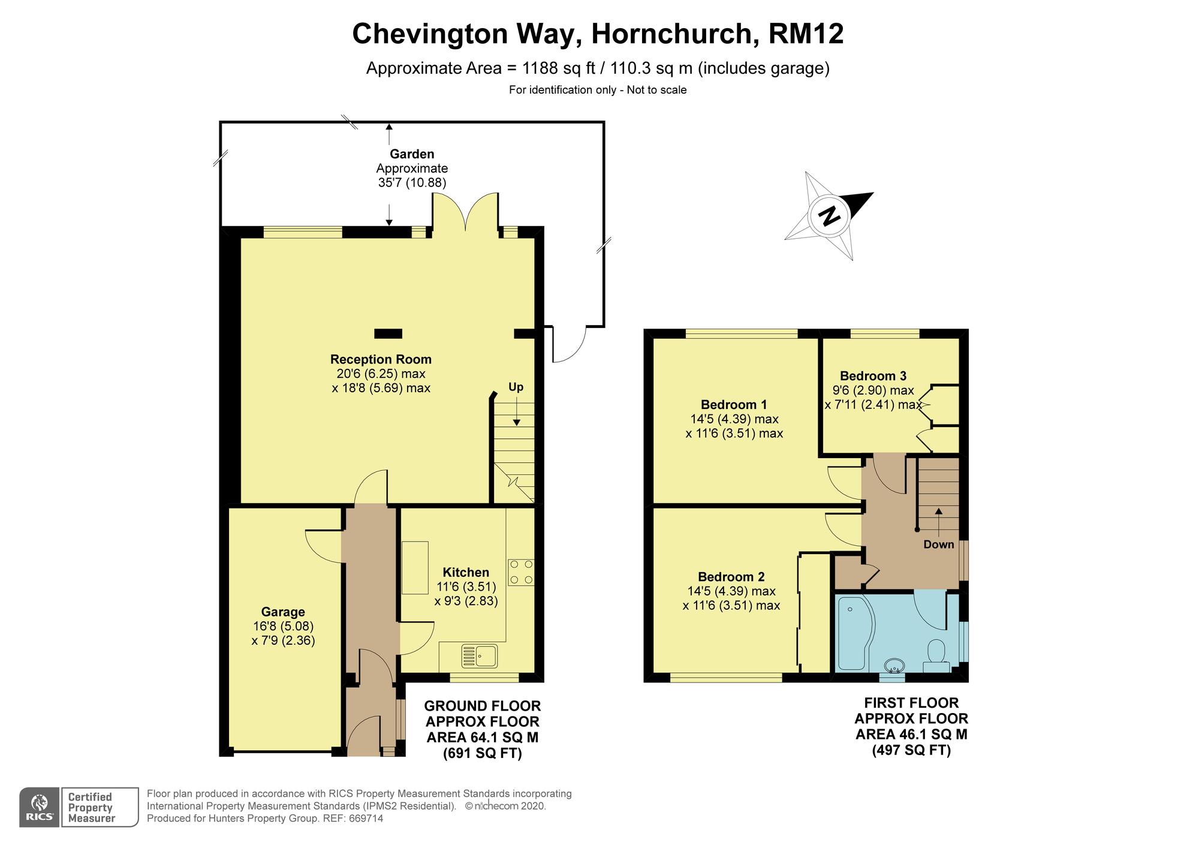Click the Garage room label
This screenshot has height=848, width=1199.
pos(283,612)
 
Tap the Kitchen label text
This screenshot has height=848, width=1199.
pos(466,572)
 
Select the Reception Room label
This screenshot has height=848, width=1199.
pos(381,359)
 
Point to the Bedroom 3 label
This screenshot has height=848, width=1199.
pos(873,376)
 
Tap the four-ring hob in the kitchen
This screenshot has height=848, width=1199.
pos(521,572)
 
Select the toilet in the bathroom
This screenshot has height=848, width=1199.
pos(936,655)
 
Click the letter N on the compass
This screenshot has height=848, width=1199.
pos(830,216)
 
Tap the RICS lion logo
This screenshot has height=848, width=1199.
pos(40,807)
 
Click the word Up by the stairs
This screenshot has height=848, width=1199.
pos(516,387)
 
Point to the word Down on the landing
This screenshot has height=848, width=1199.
pos(938,545)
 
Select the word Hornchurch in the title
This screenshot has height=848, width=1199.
pos(671,34)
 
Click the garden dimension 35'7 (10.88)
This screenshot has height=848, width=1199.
pos(412,183)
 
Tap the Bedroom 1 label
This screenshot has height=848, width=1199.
pos(734,404)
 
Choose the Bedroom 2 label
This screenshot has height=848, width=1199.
pos(731,577)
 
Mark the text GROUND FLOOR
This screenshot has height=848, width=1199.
pos(483,706)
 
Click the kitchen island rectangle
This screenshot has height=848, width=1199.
pos(415,567)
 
